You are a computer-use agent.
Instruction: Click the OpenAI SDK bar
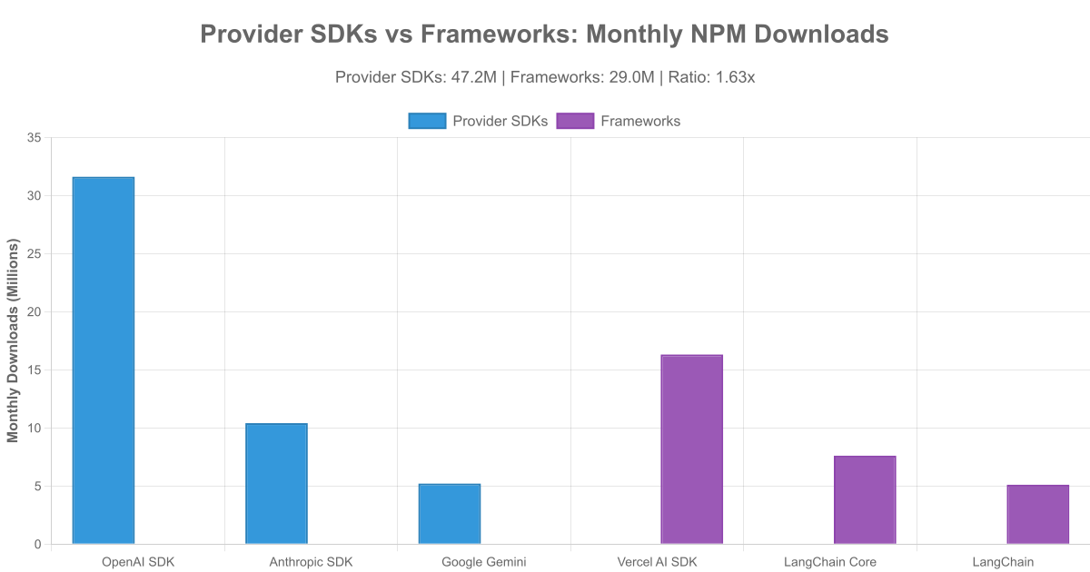(x=104, y=360)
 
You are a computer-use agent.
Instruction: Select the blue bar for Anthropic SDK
(x=276, y=484)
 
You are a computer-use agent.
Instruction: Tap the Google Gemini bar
(x=450, y=514)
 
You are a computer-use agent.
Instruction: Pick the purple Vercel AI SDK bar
(x=691, y=449)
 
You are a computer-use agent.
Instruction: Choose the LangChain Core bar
(x=865, y=500)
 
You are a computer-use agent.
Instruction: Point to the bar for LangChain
(x=1037, y=515)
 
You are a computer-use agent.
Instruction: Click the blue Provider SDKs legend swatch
(x=427, y=121)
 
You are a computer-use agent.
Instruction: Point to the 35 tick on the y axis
(x=35, y=137)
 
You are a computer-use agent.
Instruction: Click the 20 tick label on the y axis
(x=35, y=311)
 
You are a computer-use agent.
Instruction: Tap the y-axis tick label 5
(x=38, y=486)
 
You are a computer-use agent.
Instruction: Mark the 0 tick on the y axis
(x=38, y=544)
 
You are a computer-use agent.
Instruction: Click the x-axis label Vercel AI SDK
(x=657, y=562)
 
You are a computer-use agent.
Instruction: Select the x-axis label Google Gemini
(x=483, y=562)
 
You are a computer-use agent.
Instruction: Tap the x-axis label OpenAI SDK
(x=138, y=562)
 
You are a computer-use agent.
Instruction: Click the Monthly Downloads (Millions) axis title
(x=13, y=340)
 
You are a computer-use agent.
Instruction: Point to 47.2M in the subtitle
(x=474, y=77)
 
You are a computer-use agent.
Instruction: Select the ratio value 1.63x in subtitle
(x=735, y=77)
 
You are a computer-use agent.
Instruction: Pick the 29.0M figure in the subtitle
(x=632, y=77)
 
